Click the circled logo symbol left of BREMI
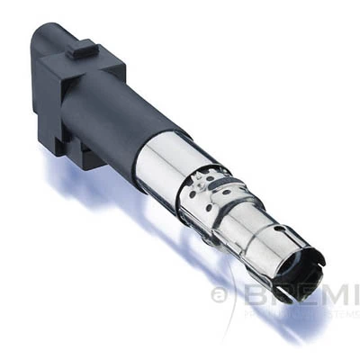(219, 295)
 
